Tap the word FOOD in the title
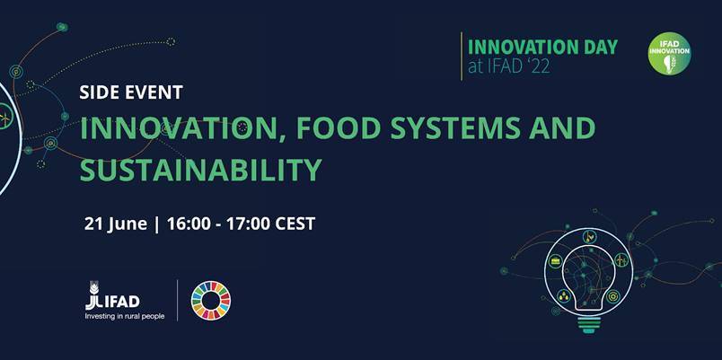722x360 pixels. coord(330,128)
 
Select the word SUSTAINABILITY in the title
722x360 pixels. coord(201,170)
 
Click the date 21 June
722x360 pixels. coord(116,224)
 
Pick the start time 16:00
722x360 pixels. coord(188,224)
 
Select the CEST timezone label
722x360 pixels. coord(295,224)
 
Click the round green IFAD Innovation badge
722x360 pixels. coord(669,53)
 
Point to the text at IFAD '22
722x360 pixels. coord(509,67)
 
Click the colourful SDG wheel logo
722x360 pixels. coord(211,300)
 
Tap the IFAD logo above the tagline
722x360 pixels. coord(112,296)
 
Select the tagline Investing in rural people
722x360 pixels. coord(124,316)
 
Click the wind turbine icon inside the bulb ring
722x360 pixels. coord(621,261)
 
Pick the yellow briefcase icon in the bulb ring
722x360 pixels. coord(556,261)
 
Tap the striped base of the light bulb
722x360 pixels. coord(588,325)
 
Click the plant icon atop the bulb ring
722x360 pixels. coord(589,237)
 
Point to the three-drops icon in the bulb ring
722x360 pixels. coord(563,296)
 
